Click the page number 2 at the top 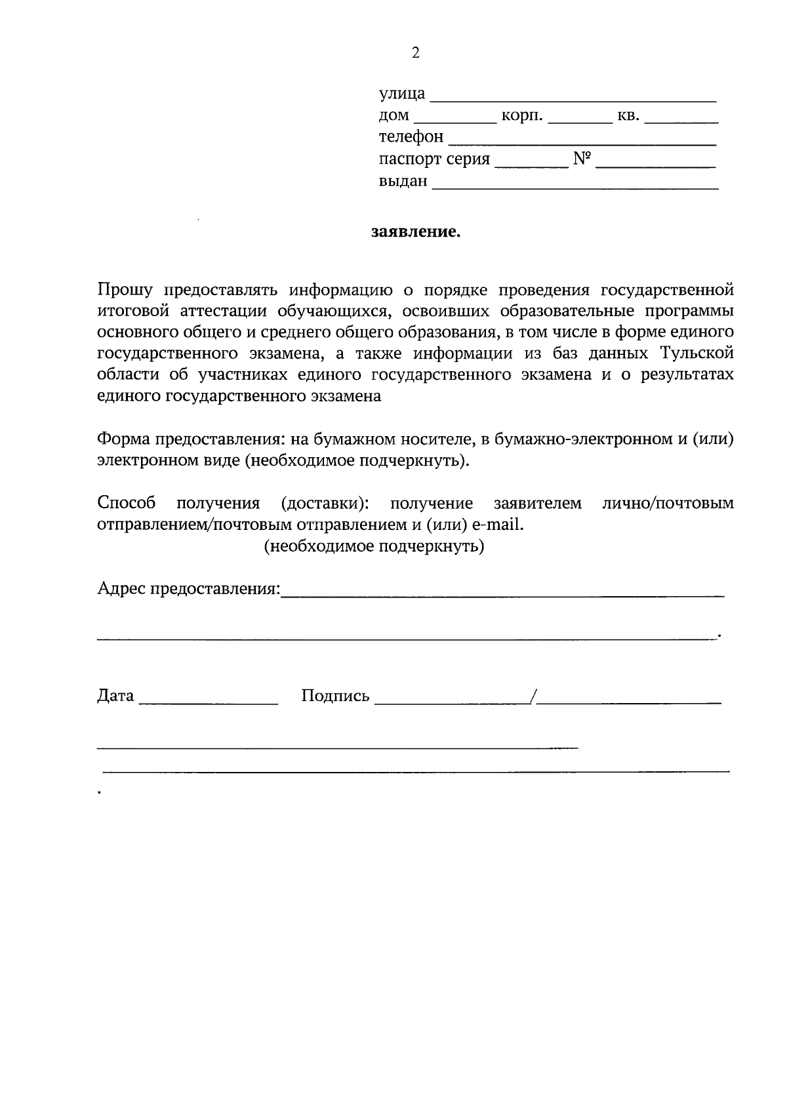click(x=415, y=53)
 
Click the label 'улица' click(x=402, y=94)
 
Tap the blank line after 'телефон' click(x=582, y=139)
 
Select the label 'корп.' click(x=522, y=116)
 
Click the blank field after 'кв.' click(x=681, y=118)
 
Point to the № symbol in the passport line click(x=582, y=159)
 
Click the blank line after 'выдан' click(x=575, y=184)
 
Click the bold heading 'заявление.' click(x=416, y=232)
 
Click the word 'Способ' click(x=127, y=503)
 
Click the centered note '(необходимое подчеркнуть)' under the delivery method click(x=374, y=546)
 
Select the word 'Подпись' click(x=335, y=696)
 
